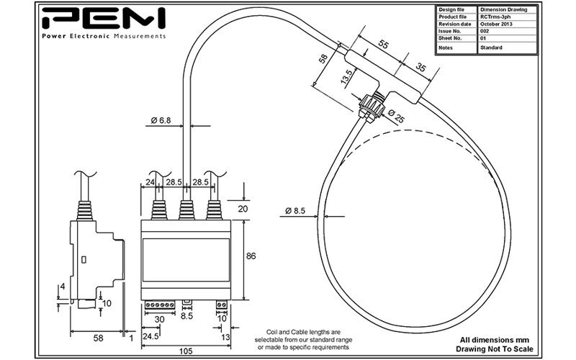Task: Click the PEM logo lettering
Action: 104,18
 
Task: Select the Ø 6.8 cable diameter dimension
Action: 161,120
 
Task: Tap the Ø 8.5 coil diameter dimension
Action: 295,211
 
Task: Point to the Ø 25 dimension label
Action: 395,116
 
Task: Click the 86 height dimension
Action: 251,256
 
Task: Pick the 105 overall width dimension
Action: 186,351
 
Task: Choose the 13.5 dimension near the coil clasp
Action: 346,77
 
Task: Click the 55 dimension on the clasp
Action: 383,45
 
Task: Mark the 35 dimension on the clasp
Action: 420,67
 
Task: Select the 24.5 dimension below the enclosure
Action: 150,336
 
